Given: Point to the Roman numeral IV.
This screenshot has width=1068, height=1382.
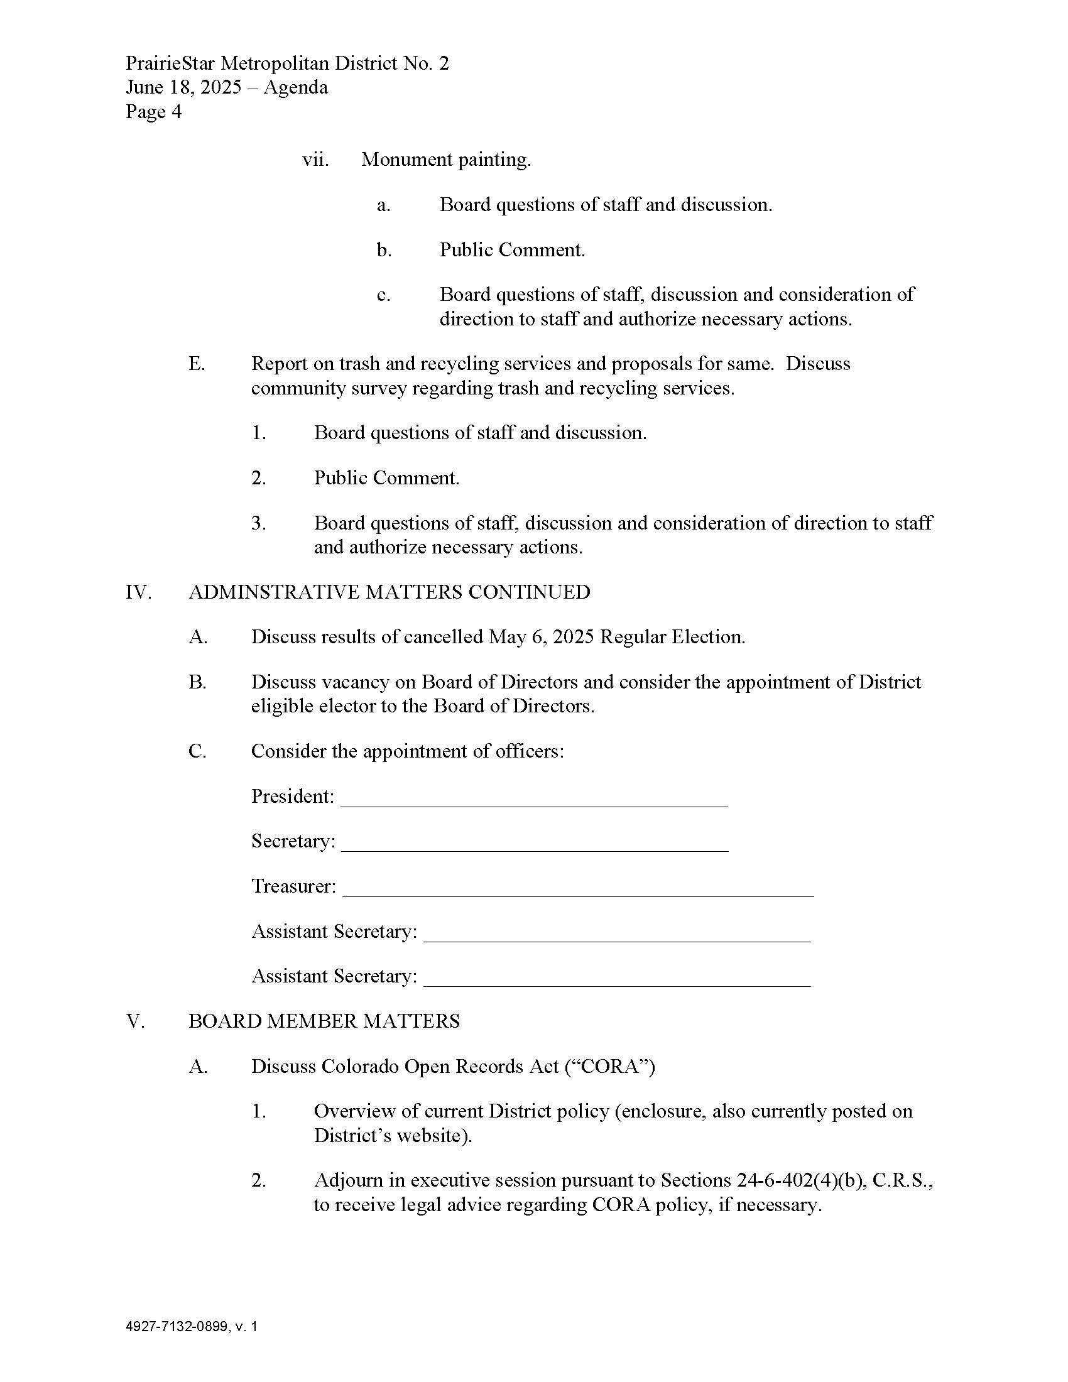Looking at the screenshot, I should [x=138, y=592].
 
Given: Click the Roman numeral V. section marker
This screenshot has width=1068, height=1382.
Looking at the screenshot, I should [x=136, y=1021].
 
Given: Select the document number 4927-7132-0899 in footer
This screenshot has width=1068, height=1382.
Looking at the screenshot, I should [x=177, y=1326].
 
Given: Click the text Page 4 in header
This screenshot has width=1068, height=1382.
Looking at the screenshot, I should [x=153, y=112].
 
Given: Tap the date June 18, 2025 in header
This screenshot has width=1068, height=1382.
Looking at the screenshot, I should [x=183, y=87].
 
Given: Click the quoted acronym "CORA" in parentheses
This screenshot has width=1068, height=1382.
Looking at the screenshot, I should [x=608, y=1067].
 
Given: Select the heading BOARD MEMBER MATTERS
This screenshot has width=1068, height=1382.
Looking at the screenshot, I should [x=324, y=1021].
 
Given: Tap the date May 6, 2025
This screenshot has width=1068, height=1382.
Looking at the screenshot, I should [x=542, y=637].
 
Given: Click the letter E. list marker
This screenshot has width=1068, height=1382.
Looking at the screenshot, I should [x=197, y=364].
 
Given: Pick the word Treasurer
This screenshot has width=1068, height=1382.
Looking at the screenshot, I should [x=292, y=886].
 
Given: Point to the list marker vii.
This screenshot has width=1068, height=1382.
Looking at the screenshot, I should [x=315, y=160].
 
